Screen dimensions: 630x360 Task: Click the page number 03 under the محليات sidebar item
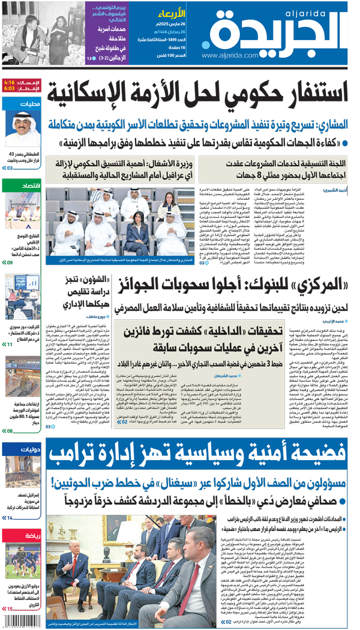coord(9,168)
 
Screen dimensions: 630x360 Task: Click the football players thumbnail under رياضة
coord(22,562)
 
